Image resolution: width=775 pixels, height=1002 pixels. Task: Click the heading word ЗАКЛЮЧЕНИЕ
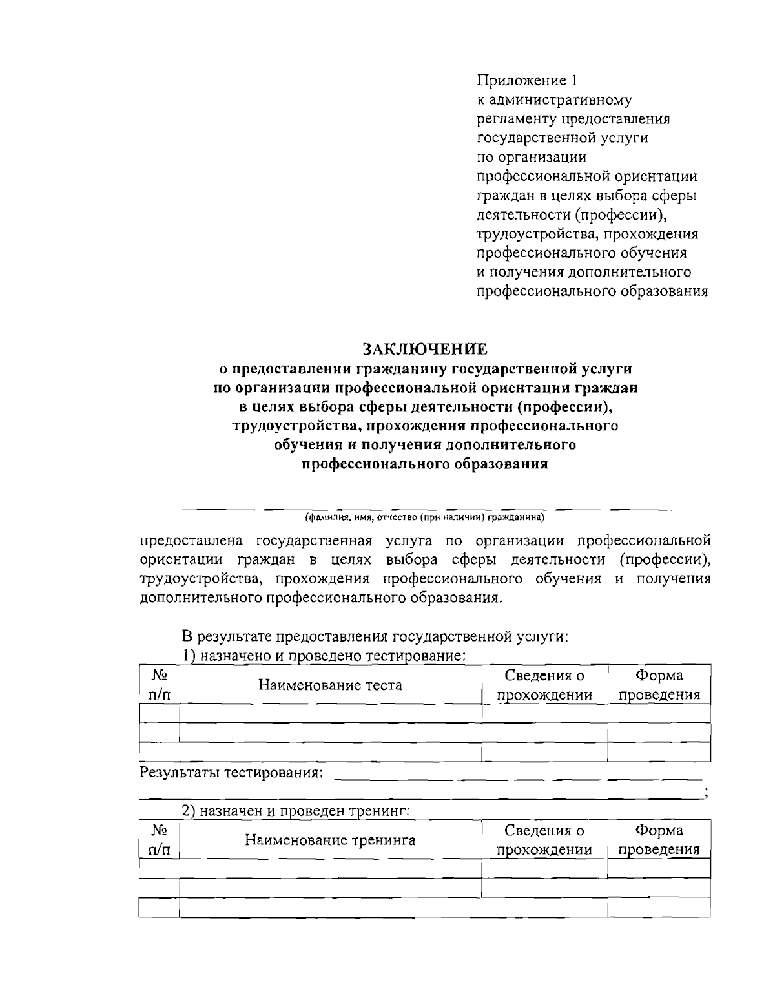tap(425, 350)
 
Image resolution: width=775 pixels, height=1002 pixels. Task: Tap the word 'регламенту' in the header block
tap(515, 119)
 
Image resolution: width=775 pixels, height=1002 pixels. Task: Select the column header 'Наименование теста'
tap(330, 685)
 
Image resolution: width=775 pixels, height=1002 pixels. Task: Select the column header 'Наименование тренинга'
tap(330, 840)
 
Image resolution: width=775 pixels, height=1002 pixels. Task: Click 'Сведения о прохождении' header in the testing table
tap(544, 685)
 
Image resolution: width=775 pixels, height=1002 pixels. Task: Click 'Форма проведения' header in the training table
tap(659, 840)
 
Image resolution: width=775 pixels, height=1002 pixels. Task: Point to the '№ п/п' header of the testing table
tap(159, 685)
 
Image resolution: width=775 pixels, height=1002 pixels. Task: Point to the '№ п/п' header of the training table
tap(159, 840)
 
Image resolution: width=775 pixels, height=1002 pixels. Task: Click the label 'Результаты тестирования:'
tap(231, 773)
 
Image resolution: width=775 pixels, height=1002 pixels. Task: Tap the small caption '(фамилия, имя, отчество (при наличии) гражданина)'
tap(425, 517)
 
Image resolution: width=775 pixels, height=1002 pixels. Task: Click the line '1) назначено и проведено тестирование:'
tap(324, 656)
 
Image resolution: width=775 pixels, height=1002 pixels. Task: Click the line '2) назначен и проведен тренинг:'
tap(296, 811)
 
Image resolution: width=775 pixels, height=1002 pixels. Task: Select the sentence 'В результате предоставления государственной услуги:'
tap(375, 636)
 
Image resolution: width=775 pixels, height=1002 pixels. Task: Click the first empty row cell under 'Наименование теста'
tap(330, 713)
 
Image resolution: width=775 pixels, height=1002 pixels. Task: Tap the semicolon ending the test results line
tap(707, 793)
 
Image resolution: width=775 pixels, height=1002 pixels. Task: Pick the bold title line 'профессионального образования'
tap(425, 464)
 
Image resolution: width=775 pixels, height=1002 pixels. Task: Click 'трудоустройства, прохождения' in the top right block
tap(587, 234)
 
